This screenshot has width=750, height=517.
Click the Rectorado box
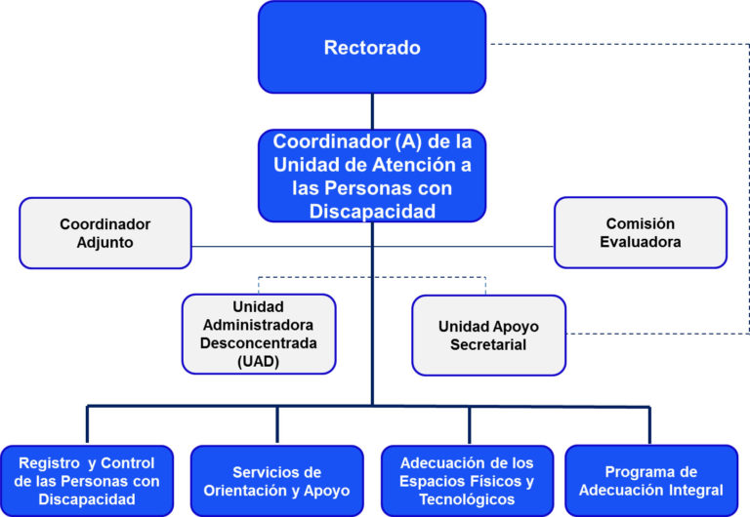[x=372, y=47]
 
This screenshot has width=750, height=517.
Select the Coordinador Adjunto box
[x=105, y=233]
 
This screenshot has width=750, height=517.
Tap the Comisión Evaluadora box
[x=641, y=233]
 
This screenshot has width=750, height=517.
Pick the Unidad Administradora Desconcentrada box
[x=259, y=334]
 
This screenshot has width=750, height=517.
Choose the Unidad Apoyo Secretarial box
[x=489, y=336]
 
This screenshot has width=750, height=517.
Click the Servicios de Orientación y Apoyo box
[x=277, y=481]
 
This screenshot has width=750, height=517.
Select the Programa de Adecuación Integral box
[x=651, y=481]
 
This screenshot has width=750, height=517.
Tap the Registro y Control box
[x=87, y=481]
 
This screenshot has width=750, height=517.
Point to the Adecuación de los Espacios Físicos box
[x=468, y=481]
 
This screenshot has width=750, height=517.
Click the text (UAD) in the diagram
[x=258, y=361]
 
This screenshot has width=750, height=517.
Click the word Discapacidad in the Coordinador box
[x=372, y=212]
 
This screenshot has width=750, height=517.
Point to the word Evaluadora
[x=641, y=242]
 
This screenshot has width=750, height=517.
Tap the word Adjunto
[x=105, y=242]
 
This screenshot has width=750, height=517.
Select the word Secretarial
[x=488, y=344]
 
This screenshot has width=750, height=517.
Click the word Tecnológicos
[x=467, y=499]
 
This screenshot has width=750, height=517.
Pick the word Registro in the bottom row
[x=49, y=463]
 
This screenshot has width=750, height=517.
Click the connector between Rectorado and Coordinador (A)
[x=372, y=111]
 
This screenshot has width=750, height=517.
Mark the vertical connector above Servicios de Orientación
[x=277, y=424]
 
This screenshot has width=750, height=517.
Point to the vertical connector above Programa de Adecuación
[x=649, y=425]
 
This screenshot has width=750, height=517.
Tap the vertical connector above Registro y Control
[x=87, y=424]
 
